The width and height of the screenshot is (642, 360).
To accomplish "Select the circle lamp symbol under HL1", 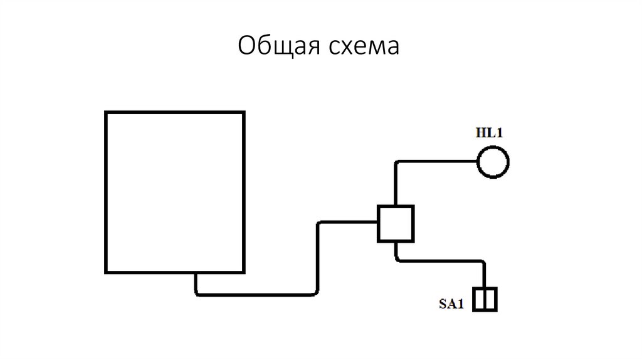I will coord(493,162).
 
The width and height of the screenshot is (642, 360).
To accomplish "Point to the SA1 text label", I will coord(450,305).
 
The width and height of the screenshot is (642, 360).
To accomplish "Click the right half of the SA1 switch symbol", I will coord(492,299).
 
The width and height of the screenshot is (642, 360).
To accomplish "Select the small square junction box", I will coord(396,223).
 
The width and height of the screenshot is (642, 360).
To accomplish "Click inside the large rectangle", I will coord(174,191).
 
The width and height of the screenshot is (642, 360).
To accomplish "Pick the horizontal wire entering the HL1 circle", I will coord(439,162).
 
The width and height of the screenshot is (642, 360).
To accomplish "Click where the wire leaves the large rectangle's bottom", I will coord(196,273).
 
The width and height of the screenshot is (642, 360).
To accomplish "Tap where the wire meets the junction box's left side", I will coord(378,221).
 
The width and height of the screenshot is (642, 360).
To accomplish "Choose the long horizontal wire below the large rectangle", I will coord(257,293).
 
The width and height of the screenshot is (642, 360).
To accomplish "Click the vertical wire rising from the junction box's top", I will coord(396,185).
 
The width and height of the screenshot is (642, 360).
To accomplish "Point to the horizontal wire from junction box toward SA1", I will coord(439,259).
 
